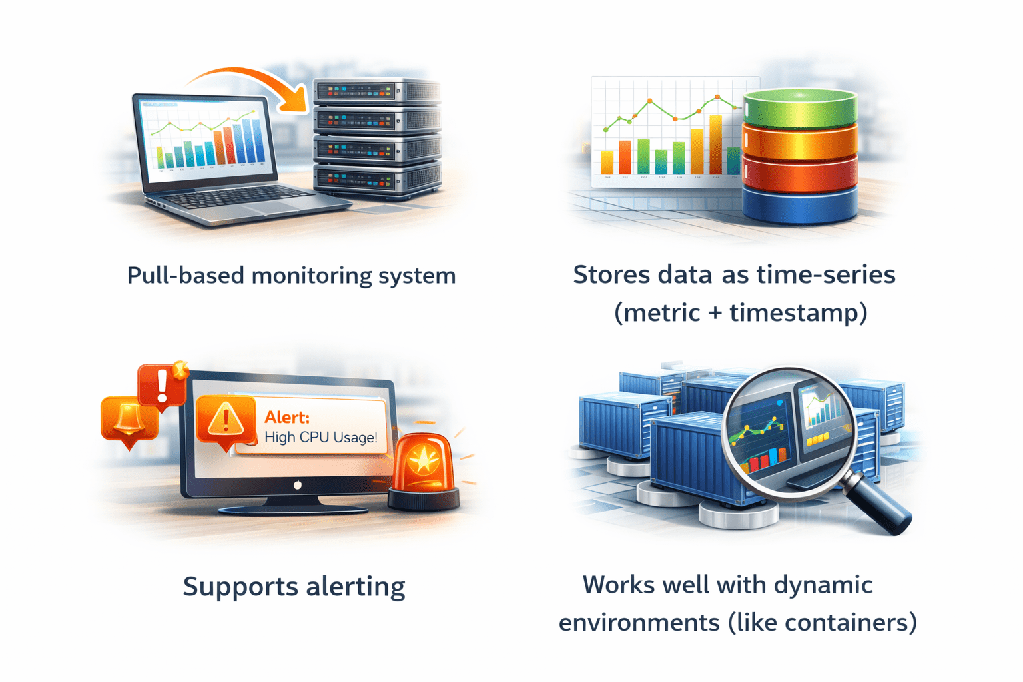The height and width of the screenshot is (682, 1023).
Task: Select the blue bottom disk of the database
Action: pyautogui.click(x=800, y=205)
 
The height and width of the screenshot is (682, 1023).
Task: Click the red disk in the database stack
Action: pyautogui.click(x=800, y=173)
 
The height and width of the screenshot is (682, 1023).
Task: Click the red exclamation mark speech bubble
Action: pyautogui.click(x=163, y=386)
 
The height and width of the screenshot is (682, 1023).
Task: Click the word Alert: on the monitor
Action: pyautogui.click(x=287, y=417)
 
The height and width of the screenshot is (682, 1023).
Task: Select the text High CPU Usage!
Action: pyautogui.click(x=321, y=437)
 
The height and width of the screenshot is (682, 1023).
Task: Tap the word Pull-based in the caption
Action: pyautogui.click(x=185, y=276)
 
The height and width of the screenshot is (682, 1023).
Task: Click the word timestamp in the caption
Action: pyautogui.click(x=799, y=313)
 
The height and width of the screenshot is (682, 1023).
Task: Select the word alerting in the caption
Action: pyautogui.click(x=355, y=587)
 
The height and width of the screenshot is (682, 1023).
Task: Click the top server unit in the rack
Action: pyautogui.click(x=377, y=91)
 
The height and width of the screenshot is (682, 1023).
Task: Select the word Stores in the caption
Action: pyautogui.click(x=611, y=275)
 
